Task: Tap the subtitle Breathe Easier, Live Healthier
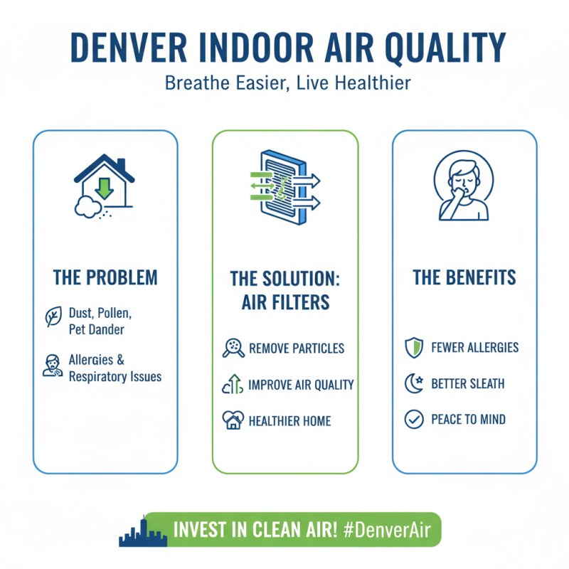tap(287, 83)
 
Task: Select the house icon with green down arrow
tap(104, 186)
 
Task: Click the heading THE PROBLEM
tap(105, 277)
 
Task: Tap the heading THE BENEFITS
tap(465, 277)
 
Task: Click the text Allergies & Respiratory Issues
tap(115, 368)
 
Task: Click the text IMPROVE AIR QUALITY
tap(301, 385)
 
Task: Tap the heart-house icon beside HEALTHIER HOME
tap(233, 420)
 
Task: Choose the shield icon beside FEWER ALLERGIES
tap(413, 349)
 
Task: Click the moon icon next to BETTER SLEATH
tap(413, 384)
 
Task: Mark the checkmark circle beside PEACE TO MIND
tap(413, 420)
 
